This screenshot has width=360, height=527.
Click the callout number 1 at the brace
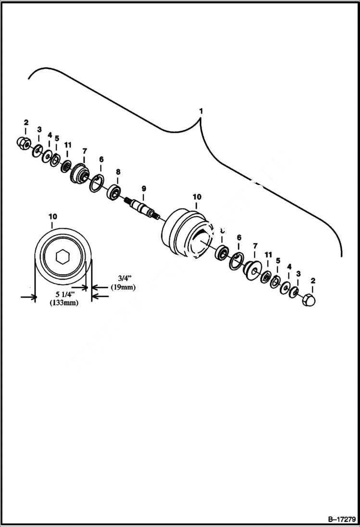[201, 111]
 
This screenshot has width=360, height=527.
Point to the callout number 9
[143, 188]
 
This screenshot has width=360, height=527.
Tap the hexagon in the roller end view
[62, 257]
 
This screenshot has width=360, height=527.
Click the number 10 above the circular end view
[52, 217]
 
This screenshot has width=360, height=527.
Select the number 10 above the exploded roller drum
[197, 197]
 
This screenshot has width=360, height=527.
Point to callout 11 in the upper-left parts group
[68, 145]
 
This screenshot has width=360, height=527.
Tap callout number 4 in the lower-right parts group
[289, 266]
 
